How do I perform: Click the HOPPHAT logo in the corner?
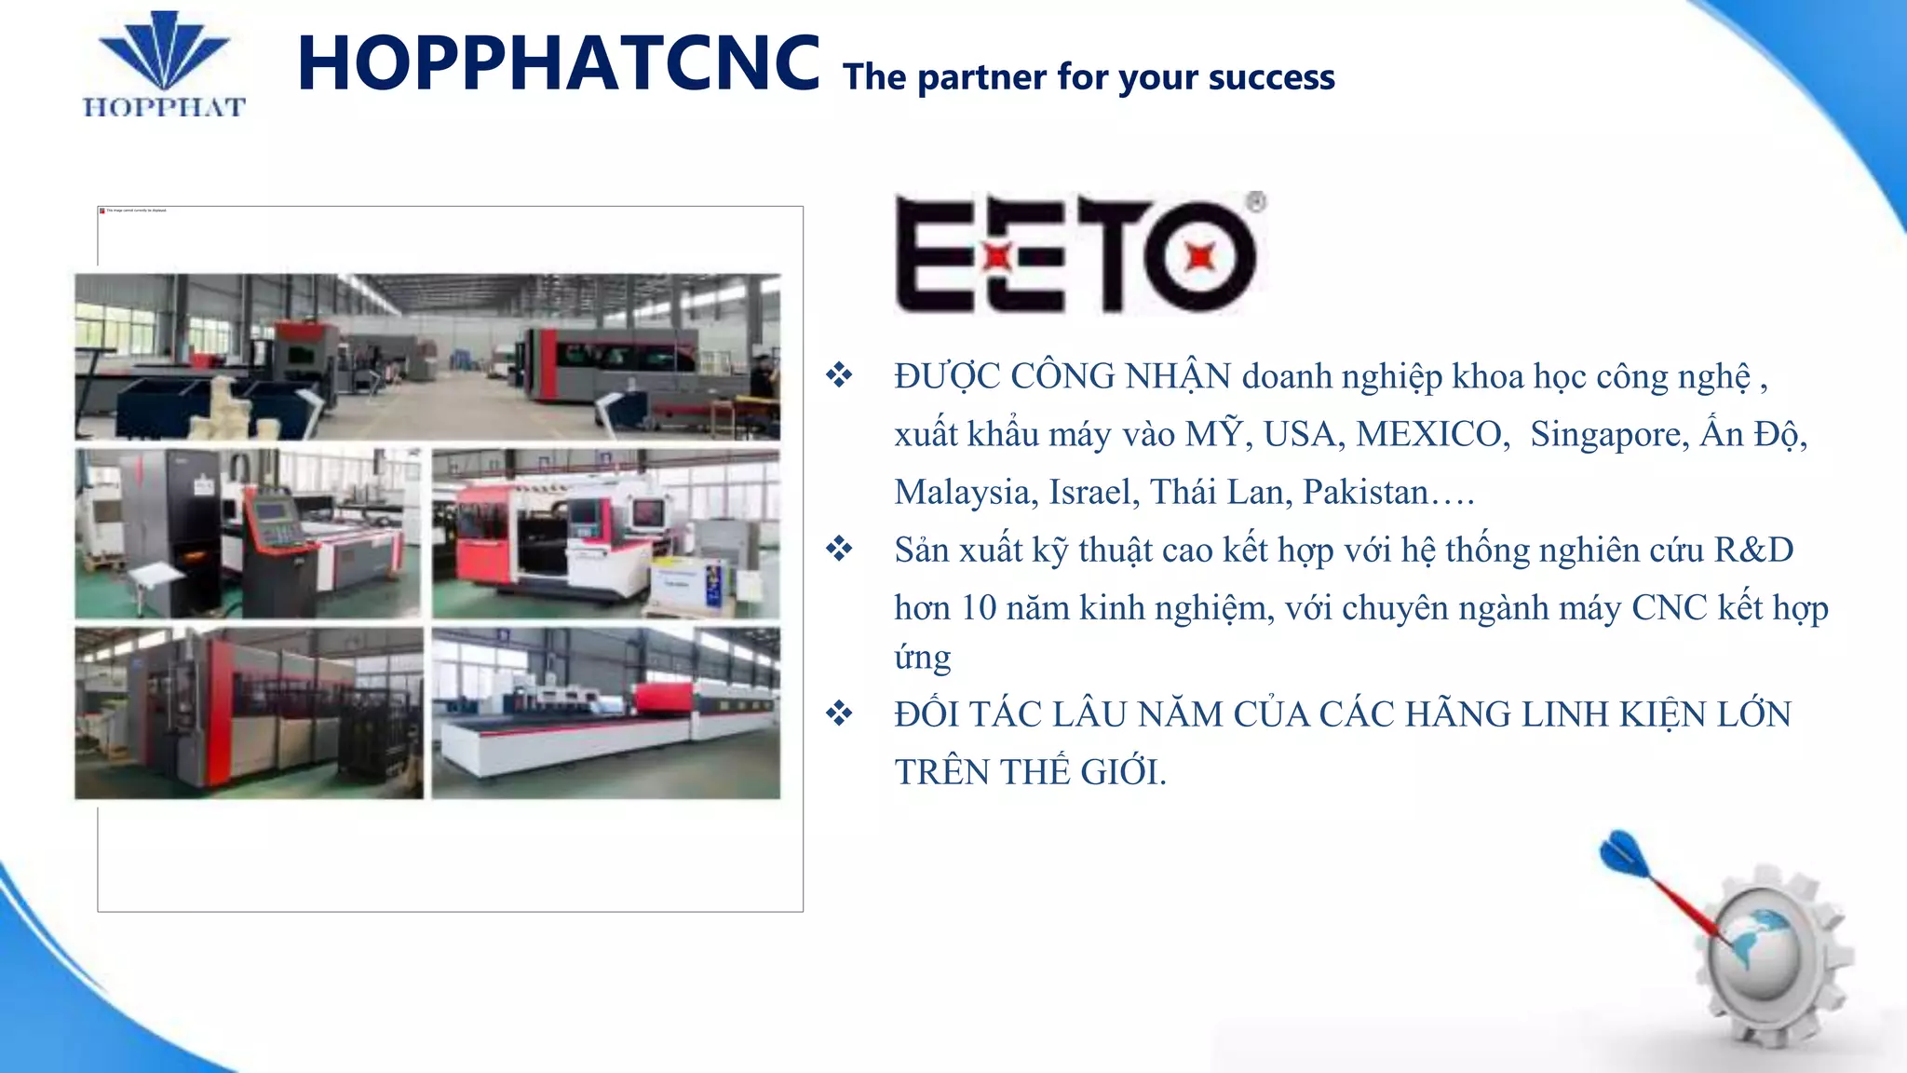[x=164, y=65]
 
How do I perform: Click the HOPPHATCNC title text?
[x=559, y=63]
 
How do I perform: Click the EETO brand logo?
[x=1075, y=253]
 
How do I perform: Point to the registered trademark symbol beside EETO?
[x=1256, y=202]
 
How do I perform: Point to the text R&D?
[x=1753, y=550]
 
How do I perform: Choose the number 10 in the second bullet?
[x=979, y=607]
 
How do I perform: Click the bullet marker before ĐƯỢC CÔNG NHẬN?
[x=839, y=375]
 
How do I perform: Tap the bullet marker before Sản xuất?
[x=839, y=549]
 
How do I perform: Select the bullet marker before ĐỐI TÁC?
[x=839, y=713]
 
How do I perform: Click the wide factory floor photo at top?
[x=427, y=357]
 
